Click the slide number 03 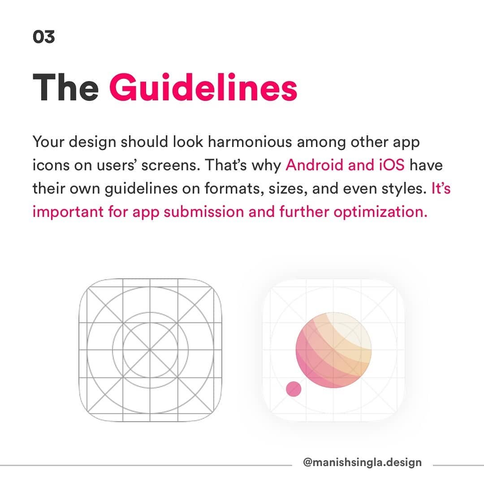click(x=44, y=37)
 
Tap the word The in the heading click(x=66, y=87)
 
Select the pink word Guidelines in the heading click(x=203, y=87)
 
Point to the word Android click(x=314, y=165)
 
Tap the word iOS click(x=392, y=165)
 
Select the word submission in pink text click(x=204, y=212)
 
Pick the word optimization click(x=380, y=212)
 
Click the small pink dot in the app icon click(x=294, y=389)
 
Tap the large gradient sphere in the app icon click(x=334, y=350)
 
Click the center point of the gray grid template click(x=150, y=350)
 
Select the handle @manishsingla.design click(x=363, y=462)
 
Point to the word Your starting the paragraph click(x=48, y=142)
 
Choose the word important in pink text click(x=68, y=212)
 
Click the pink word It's click(x=441, y=188)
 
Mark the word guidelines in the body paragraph click(x=141, y=189)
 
